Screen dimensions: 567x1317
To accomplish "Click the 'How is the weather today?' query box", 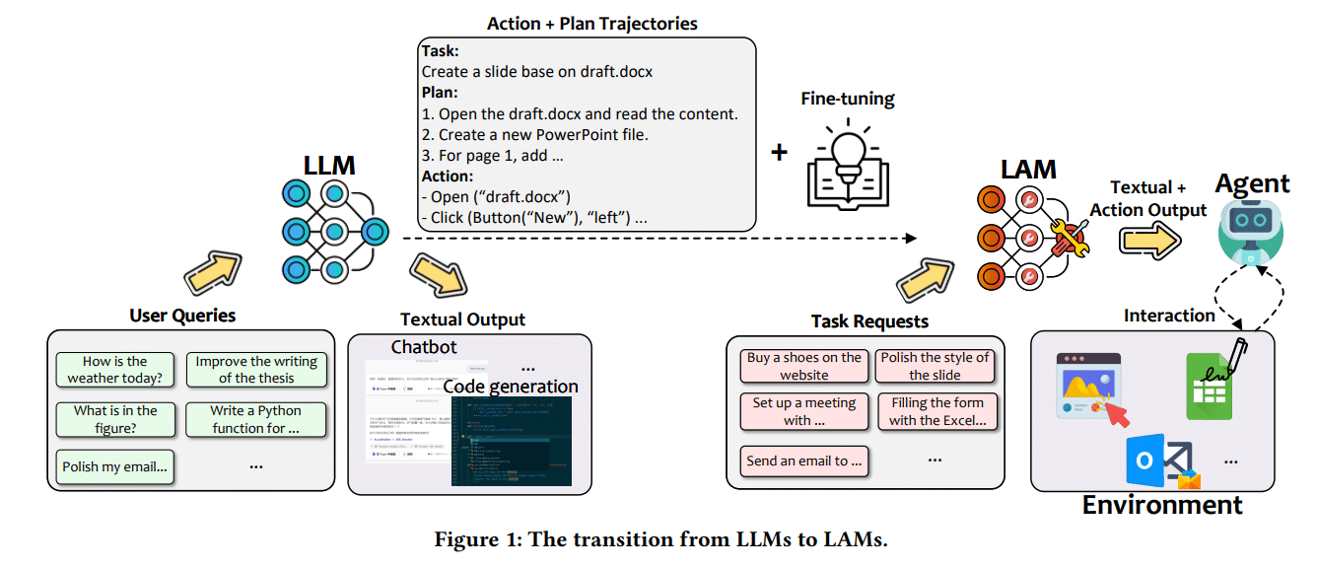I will [114, 370].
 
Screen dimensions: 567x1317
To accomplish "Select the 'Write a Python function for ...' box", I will [255, 419].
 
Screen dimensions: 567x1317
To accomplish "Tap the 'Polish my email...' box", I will [114, 466].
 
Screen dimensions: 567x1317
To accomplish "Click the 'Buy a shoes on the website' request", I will [803, 366].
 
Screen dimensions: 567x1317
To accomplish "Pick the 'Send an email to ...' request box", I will [803, 461].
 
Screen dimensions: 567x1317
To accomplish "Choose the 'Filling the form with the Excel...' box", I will [936, 411].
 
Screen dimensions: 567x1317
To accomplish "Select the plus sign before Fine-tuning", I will [779, 152].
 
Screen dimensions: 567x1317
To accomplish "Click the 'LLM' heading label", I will [329, 165].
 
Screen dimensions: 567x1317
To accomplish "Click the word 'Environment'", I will [1161, 505].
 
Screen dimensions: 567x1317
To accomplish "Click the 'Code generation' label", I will [510, 386].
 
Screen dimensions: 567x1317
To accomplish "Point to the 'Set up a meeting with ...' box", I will [803, 411].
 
